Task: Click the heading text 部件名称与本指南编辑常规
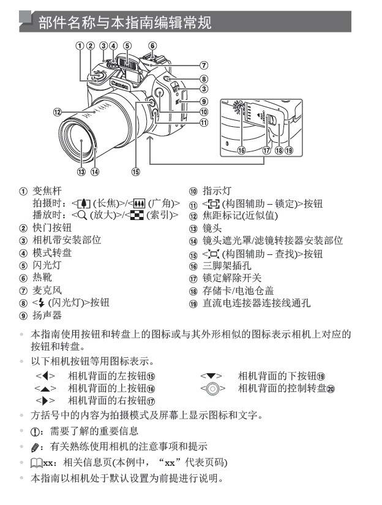(125, 23)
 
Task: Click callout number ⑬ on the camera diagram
(81, 172)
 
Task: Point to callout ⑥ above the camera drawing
(152, 45)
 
